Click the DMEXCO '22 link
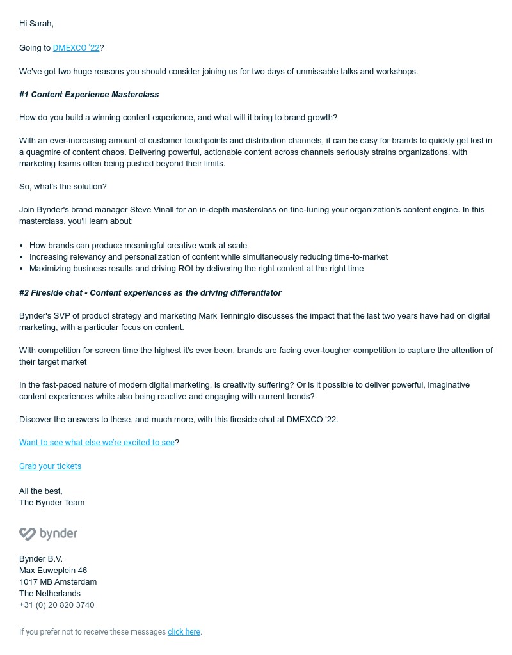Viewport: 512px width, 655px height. [76, 48]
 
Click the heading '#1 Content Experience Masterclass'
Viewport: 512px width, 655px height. [89, 95]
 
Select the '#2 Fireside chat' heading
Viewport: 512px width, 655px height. [150, 293]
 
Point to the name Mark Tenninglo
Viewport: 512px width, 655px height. [227, 316]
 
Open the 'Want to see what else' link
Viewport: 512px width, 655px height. [97, 443]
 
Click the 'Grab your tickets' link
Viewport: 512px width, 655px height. [50, 466]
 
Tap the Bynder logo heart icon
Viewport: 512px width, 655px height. [28, 533]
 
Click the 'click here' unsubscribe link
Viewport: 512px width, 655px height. [184, 632]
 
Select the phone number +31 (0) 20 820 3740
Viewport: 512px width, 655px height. [56, 605]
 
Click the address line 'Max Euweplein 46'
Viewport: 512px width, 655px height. [53, 571]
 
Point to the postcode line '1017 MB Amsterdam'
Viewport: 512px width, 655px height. [58, 582]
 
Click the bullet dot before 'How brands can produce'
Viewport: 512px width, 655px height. [22, 246]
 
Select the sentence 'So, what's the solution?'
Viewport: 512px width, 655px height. [63, 187]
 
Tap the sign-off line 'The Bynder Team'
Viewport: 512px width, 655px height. [52, 503]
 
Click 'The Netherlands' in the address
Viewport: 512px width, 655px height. [50, 594]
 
